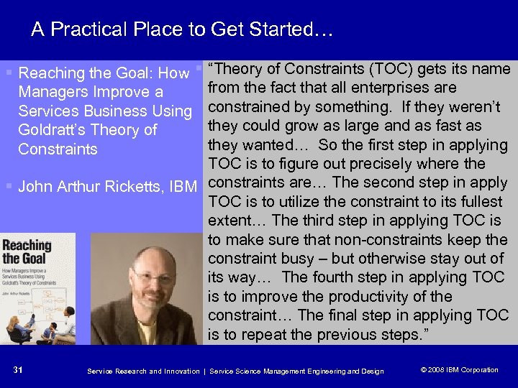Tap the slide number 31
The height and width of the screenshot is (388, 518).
click(x=18, y=370)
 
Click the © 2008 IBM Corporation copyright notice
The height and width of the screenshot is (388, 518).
click(x=459, y=370)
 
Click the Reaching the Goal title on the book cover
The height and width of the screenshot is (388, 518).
click(x=26, y=251)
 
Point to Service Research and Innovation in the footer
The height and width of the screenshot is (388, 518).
click(x=143, y=371)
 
